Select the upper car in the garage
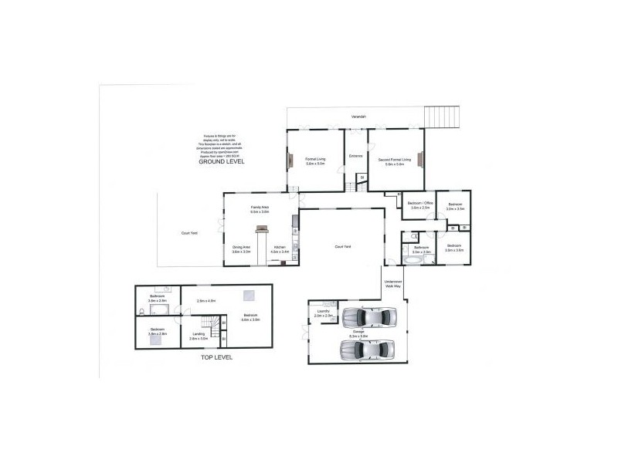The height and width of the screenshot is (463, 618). click(369, 317)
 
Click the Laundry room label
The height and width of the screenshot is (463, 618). click(324, 311)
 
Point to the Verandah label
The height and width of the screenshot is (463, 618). click(356, 116)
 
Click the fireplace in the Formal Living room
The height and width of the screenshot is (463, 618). click(290, 161)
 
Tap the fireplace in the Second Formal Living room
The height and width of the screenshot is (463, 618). click(421, 161)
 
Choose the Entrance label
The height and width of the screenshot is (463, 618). click(355, 157)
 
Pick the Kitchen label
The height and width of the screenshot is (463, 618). click(279, 248)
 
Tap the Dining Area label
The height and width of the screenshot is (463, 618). click(241, 248)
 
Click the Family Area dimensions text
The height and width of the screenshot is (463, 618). click(260, 211)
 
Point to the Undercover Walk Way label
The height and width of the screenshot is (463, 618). click(393, 284)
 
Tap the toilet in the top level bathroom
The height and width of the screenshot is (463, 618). click(143, 312)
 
